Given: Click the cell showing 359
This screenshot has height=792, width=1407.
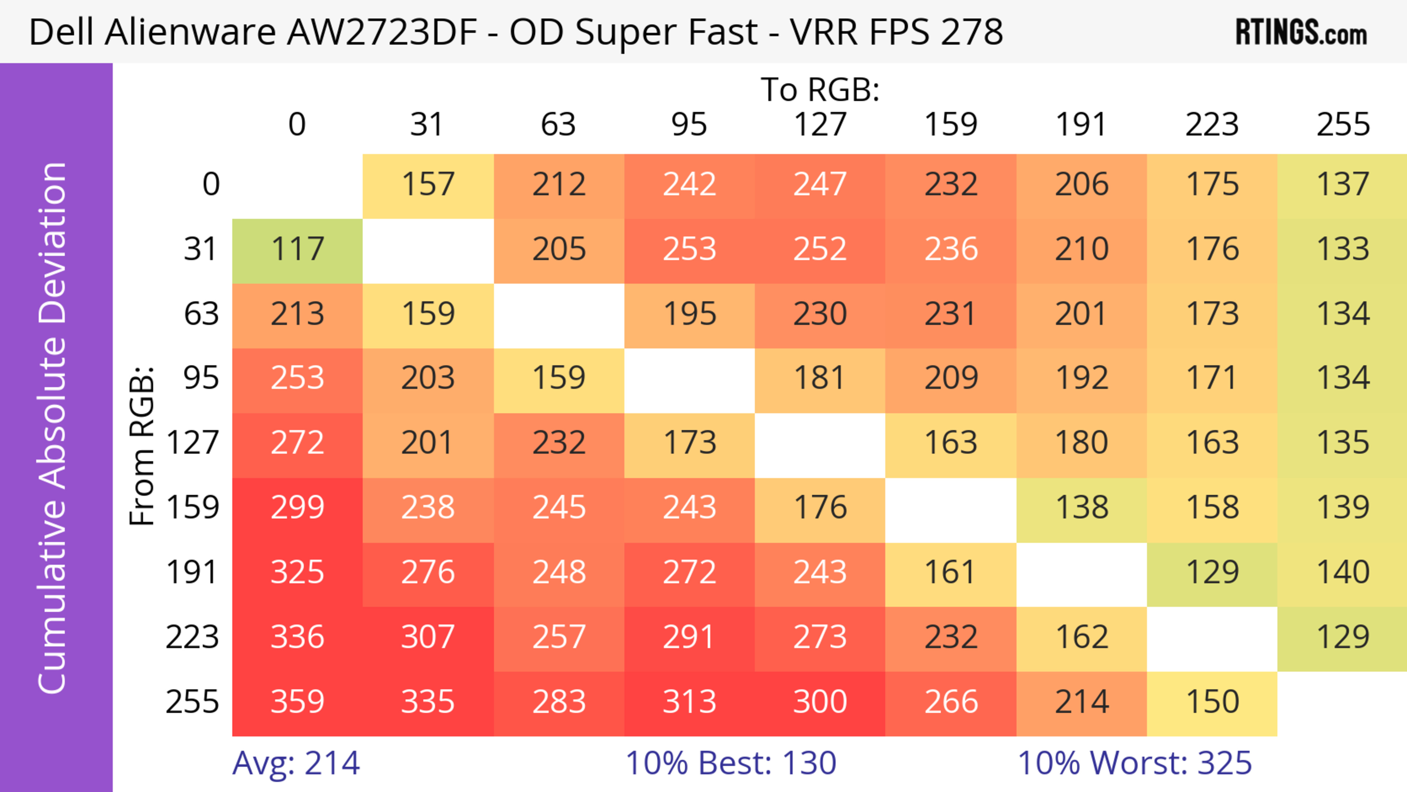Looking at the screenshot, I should pyautogui.click(x=297, y=702).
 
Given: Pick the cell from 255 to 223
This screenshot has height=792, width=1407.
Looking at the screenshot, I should pyautogui.click(x=1212, y=702).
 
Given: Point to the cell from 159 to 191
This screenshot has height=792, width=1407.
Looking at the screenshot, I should pyautogui.click(x=1082, y=508).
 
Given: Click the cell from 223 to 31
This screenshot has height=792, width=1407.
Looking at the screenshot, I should pyautogui.click(x=428, y=637).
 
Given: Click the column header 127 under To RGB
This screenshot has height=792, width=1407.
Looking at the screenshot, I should pyautogui.click(x=820, y=125).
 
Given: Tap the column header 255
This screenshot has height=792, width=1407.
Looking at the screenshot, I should pyautogui.click(x=1343, y=125).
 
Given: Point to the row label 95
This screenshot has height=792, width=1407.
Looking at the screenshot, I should pyautogui.click(x=201, y=378).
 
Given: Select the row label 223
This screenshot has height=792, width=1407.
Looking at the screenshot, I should pyautogui.click(x=192, y=637).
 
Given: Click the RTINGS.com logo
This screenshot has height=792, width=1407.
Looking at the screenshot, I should pyautogui.click(x=1301, y=33).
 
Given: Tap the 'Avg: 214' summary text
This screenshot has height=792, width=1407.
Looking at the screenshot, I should pyautogui.click(x=296, y=763).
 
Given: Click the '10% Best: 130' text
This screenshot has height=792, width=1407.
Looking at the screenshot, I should pyautogui.click(x=731, y=763).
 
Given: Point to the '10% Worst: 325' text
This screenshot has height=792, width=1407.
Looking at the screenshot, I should pyautogui.click(x=1134, y=763).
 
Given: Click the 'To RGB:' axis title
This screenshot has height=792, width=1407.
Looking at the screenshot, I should pyautogui.click(x=820, y=89).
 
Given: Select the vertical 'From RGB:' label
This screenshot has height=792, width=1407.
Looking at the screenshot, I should pyautogui.click(x=142, y=446).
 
